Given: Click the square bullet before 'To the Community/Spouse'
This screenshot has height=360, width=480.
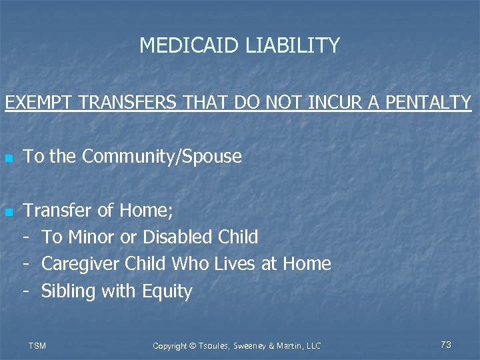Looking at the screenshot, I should (x=8, y=159).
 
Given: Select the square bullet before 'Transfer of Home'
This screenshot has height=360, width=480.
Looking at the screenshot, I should (x=8, y=213).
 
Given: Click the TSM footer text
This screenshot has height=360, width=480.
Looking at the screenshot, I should (x=37, y=346).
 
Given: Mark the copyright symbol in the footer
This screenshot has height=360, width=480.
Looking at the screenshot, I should (x=193, y=346).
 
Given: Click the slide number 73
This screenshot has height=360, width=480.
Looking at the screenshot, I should (x=446, y=345).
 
